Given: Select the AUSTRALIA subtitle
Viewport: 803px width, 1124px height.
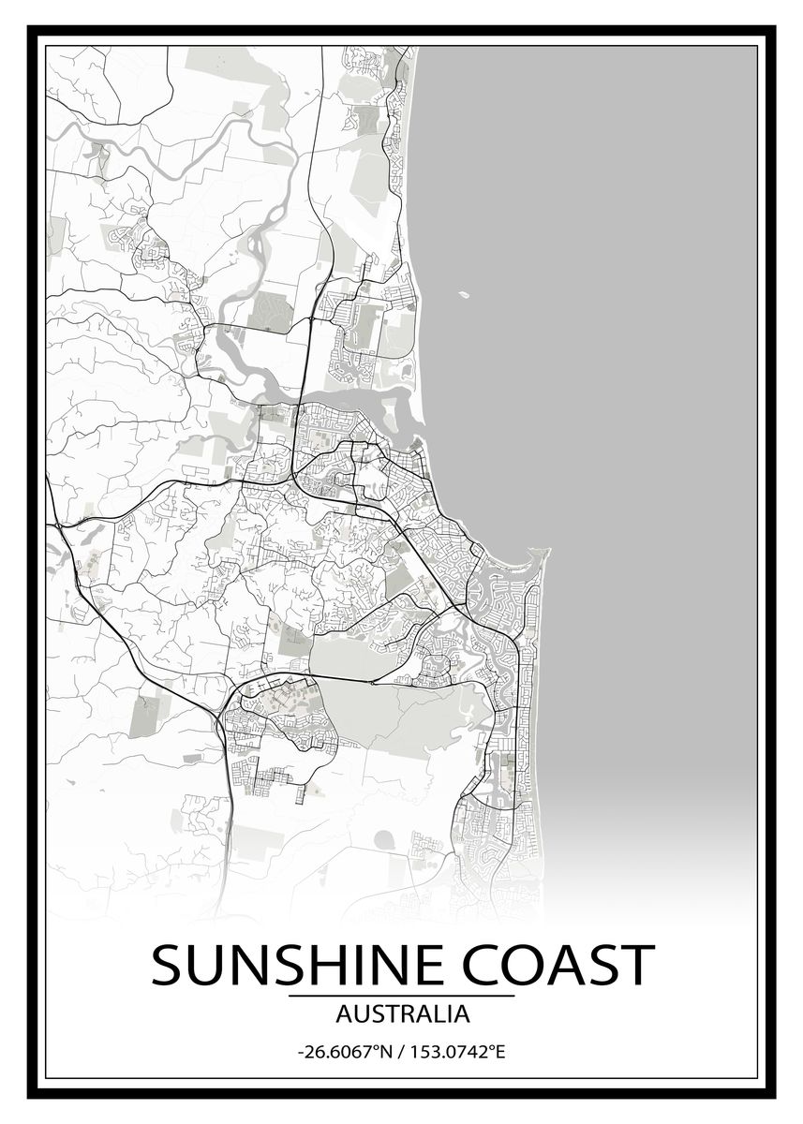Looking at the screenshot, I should [x=402, y=1013].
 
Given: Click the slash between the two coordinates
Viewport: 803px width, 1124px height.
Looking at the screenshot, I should [x=401, y=1052].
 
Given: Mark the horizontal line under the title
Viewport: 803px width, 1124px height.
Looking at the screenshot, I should [x=402, y=996].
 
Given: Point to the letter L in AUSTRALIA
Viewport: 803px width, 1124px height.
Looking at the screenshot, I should [x=441, y=1013].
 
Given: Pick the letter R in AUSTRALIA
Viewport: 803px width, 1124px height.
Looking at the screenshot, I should [x=409, y=1013].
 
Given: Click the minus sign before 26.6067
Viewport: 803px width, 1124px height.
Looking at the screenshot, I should [x=301, y=1053].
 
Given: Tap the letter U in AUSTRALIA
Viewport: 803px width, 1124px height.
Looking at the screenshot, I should [x=357, y=1013].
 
